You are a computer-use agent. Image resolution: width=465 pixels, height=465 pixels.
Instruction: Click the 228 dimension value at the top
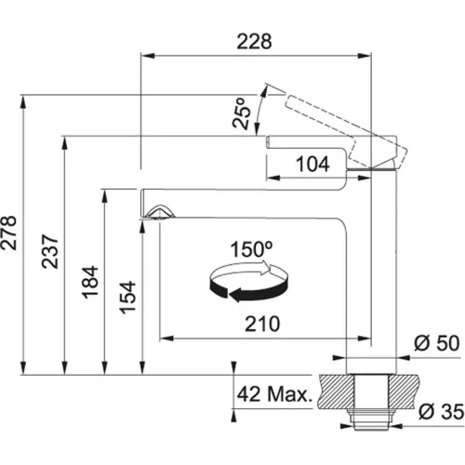point(255,42)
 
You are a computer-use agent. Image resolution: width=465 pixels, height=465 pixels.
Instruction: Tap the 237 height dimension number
point(53,251)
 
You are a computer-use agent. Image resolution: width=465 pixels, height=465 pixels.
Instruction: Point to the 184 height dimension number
point(91,280)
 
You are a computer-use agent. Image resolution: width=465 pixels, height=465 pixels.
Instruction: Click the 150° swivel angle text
point(252,251)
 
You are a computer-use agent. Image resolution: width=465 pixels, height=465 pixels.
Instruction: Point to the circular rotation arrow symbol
point(249,283)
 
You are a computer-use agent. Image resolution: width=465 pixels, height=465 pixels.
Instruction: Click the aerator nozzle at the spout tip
point(157,214)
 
